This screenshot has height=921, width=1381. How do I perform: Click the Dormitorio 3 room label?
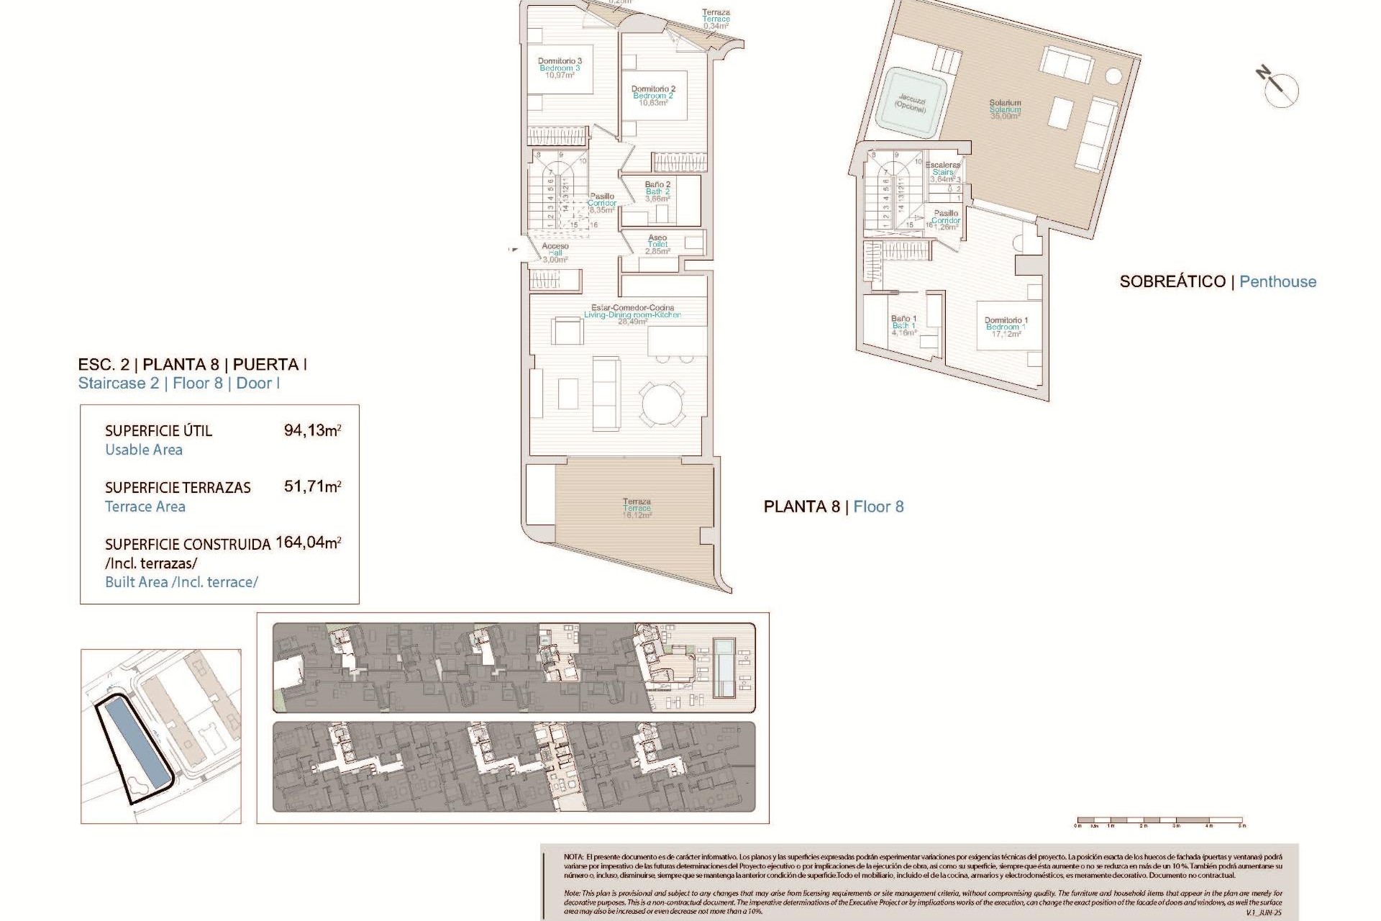click(x=560, y=68)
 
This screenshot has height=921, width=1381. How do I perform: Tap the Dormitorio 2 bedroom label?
click(x=653, y=96)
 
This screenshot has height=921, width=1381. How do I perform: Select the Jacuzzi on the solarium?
click(x=911, y=103)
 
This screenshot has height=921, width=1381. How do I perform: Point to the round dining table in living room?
click(x=662, y=403)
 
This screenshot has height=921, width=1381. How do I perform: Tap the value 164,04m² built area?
click(x=308, y=543)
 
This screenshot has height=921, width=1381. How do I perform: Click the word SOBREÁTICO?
click(x=1172, y=282)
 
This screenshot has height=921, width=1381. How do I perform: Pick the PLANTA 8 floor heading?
click(x=801, y=507)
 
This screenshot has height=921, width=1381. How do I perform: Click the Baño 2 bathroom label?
click(x=657, y=191)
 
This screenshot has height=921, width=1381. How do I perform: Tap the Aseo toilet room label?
click(x=657, y=244)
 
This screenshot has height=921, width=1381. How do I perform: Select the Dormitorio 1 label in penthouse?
click(x=1006, y=327)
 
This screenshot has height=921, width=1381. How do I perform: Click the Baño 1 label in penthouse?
click(x=903, y=325)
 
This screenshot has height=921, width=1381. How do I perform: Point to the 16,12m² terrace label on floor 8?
click(x=637, y=508)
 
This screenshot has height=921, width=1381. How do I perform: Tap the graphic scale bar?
click(x=1159, y=820)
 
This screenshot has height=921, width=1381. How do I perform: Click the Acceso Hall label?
click(x=555, y=253)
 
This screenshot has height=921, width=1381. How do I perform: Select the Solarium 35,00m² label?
click(x=1005, y=109)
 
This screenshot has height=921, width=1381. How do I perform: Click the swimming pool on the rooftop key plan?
click(x=724, y=668)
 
